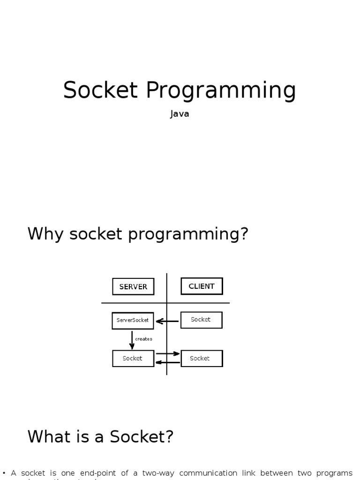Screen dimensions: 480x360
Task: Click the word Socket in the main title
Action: click(x=101, y=90)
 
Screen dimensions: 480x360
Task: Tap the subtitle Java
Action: click(x=180, y=114)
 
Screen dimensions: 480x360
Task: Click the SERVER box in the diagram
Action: click(x=133, y=287)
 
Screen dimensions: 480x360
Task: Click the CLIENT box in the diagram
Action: click(x=202, y=286)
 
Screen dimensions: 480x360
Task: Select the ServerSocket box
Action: click(x=133, y=320)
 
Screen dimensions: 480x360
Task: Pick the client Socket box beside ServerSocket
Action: click(x=201, y=320)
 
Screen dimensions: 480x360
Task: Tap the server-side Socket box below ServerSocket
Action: click(x=133, y=359)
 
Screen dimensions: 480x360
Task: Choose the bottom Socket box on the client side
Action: click(x=201, y=359)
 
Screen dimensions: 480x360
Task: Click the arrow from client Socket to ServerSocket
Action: click(x=167, y=321)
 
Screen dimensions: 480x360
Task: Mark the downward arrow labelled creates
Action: click(x=132, y=339)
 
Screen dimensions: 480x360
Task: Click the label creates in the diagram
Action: click(x=143, y=339)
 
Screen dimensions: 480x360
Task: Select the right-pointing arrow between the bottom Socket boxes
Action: click(x=167, y=353)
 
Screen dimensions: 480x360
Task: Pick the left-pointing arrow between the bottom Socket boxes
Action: click(x=167, y=362)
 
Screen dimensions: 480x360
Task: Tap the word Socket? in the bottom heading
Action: click(x=142, y=437)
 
